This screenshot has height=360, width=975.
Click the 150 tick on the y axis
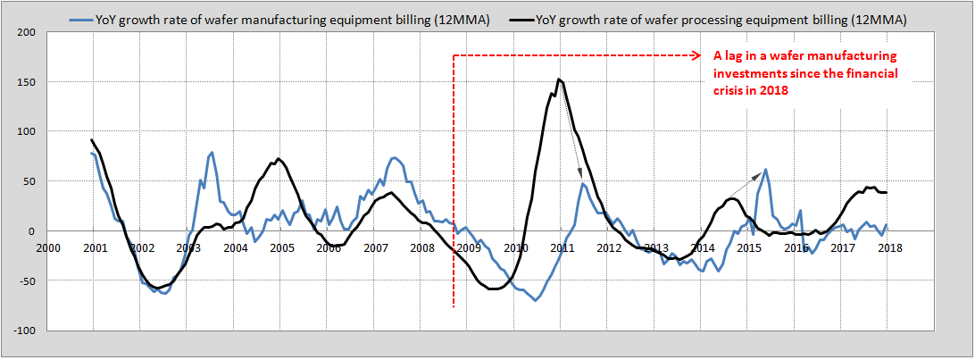coord(24,82)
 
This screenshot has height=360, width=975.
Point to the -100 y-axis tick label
coord(22,331)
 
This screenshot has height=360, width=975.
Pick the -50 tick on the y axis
coord(25,280)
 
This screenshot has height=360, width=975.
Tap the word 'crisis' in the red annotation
coord(732,90)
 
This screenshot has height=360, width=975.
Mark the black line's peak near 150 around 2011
coord(559,80)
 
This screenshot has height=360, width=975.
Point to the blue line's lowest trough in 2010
coord(536,300)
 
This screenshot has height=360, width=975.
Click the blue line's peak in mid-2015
coord(766,169)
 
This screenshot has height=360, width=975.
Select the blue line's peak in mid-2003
coord(212,153)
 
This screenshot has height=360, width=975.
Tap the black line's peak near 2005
coord(279,159)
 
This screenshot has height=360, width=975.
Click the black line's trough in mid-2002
coord(157,288)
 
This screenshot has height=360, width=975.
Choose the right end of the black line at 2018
coord(887,192)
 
